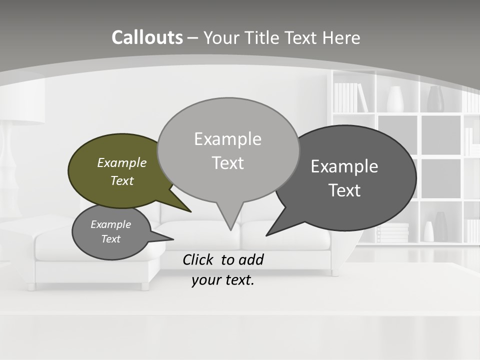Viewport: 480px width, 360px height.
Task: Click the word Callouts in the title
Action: pos(147,37)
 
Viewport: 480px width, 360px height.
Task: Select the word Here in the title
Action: pos(341,37)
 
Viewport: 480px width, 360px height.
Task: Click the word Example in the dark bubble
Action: pos(344,166)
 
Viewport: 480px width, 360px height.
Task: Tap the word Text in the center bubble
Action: pos(228,163)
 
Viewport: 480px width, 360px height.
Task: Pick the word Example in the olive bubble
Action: pos(122,162)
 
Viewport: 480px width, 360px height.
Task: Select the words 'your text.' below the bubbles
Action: pos(223,280)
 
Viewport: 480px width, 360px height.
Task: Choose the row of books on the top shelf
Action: pos(350,97)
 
